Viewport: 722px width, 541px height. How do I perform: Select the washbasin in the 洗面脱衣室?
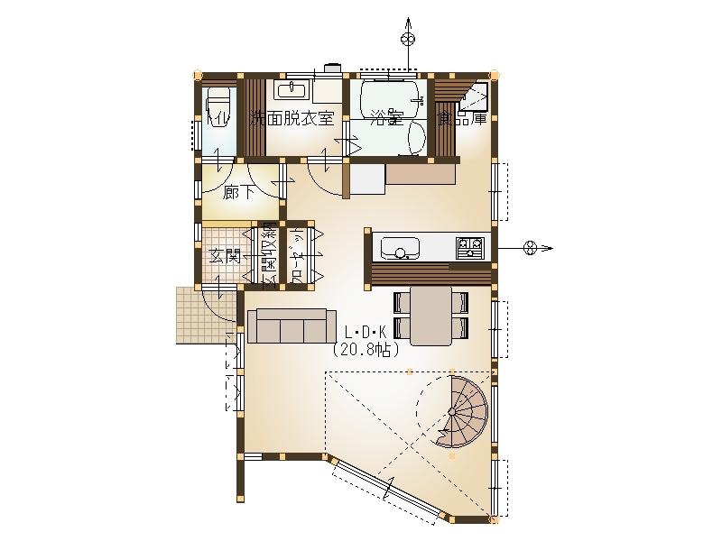coord(291,89)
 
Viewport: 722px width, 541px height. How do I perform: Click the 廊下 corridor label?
coord(237,190)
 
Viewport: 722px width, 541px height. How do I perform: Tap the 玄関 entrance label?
coord(225,255)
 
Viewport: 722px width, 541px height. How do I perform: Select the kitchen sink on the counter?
coord(398,246)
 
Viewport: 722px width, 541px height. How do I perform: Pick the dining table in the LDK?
coord(430,316)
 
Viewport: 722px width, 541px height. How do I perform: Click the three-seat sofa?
coord(287,326)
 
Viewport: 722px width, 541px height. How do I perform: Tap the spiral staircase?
coord(466,411)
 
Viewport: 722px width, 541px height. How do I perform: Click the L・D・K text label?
coord(366,331)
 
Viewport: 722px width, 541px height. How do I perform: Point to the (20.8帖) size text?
coord(366,348)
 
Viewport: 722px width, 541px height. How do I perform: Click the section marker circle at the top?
coord(408,38)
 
